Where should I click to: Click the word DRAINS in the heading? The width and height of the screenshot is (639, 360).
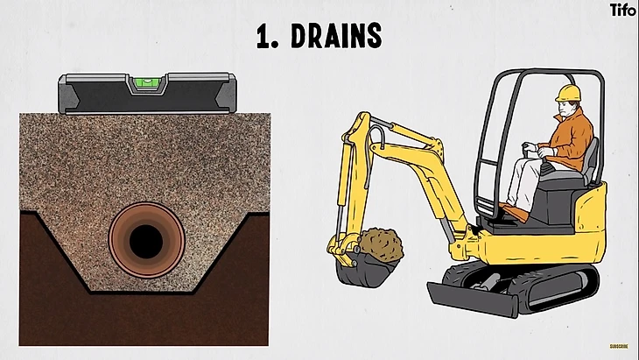[x=337, y=35]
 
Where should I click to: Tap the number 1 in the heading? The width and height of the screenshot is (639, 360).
[x=263, y=37]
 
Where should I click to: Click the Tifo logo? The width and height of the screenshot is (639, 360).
[x=622, y=10]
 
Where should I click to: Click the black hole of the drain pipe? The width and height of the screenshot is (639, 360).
[x=146, y=242]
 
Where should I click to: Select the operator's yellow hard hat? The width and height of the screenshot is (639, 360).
[x=568, y=93]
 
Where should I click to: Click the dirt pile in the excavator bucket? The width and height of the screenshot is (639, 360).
[x=381, y=244]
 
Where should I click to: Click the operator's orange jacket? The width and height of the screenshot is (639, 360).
[x=571, y=138]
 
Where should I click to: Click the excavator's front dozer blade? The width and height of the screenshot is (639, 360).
[x=472, y=300]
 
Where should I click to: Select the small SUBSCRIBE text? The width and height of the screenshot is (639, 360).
[x=619, y=347]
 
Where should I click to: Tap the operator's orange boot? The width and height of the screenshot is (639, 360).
[x=515, y=211]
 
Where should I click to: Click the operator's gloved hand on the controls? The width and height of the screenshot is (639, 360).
[x=529, y=147]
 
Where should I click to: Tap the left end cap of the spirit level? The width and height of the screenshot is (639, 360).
[x=68, y=95]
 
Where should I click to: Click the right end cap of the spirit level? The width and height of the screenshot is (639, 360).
[x=226, y=94]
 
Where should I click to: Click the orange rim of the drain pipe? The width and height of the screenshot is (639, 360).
[x=116, y=242]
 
